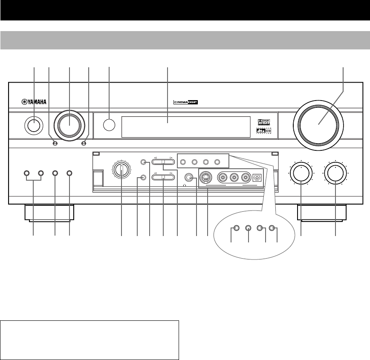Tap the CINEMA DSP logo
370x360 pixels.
coord(187,102)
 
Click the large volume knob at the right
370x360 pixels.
coord(319,122)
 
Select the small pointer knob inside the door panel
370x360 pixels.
coord(121,171)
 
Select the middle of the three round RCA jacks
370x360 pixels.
coord(234,178)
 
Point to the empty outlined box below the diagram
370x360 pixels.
coord(90,340)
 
